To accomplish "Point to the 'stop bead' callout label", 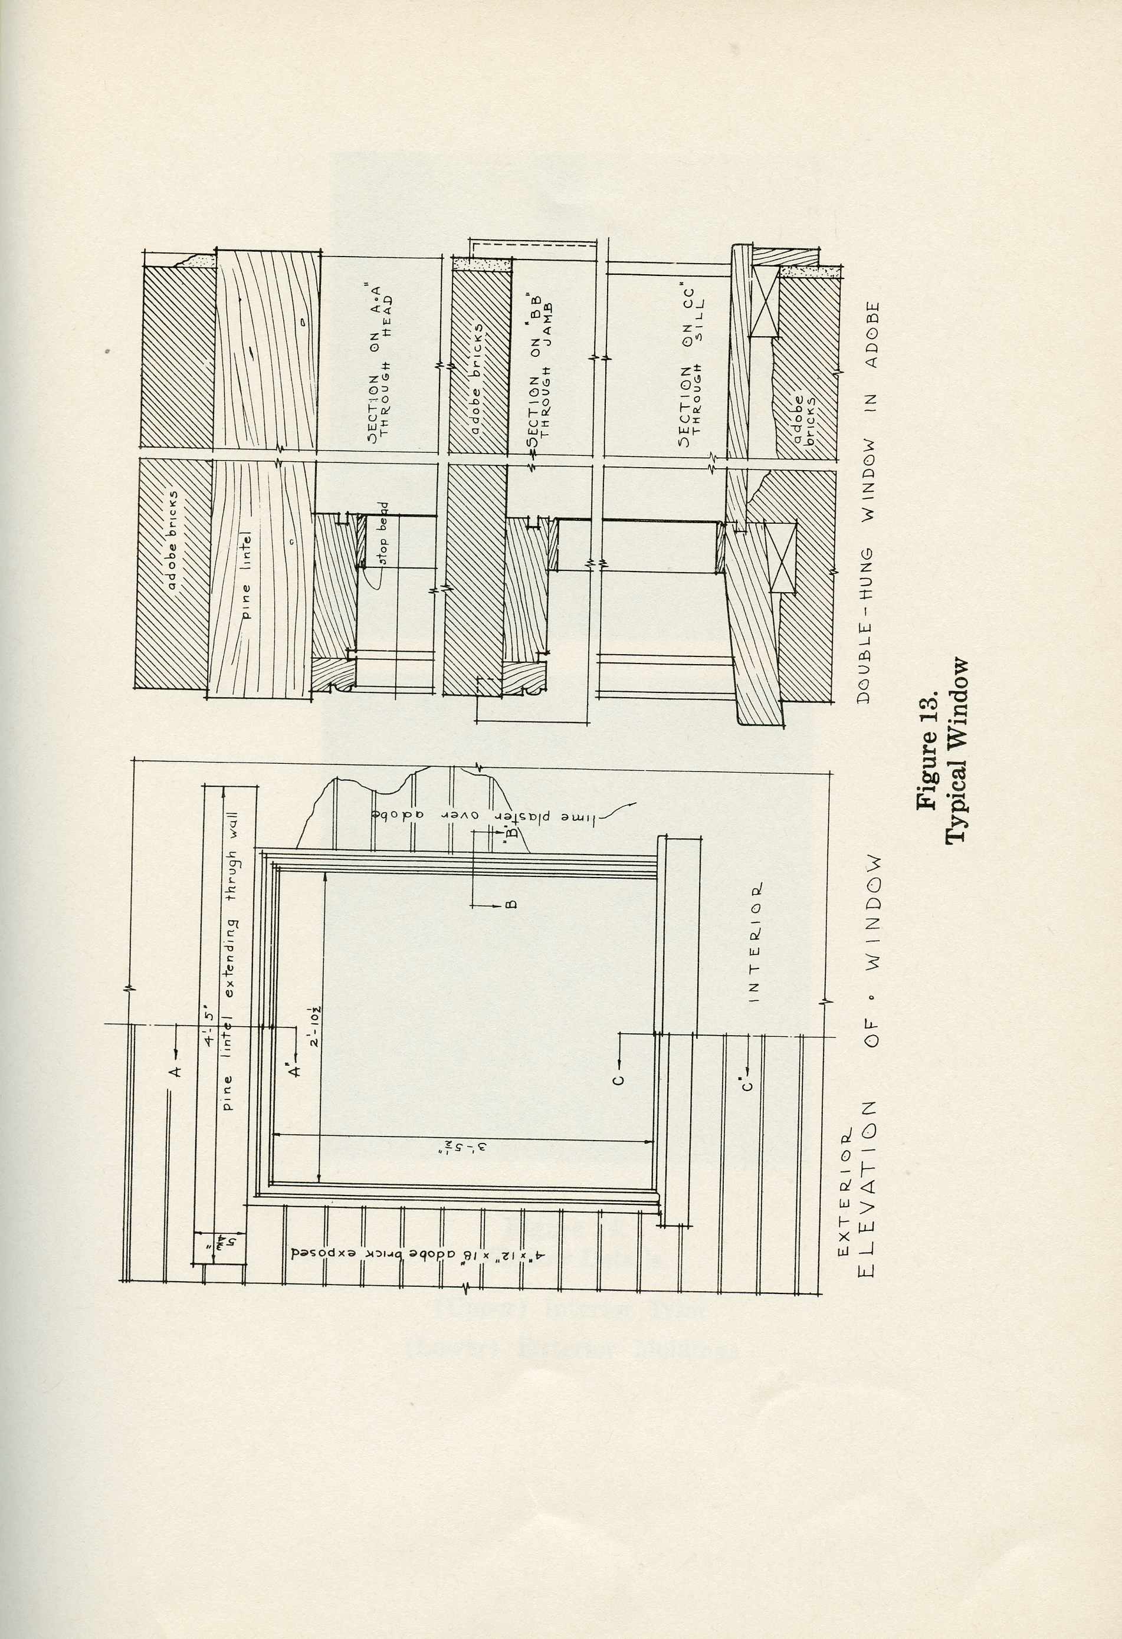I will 385,534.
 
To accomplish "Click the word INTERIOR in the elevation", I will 754,941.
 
